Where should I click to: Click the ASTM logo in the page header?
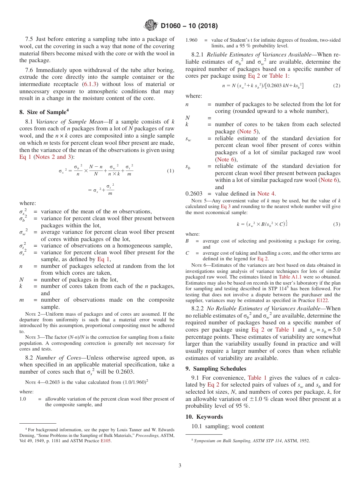point(150,26)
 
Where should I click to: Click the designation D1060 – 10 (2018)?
point(189,26)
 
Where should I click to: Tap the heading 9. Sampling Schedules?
point(216,368)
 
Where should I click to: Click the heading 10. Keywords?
point(204,417)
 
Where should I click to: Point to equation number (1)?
point(171,171)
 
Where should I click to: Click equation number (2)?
point(337,86)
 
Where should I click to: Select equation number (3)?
point(337,224)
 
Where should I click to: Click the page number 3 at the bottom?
point(180,465)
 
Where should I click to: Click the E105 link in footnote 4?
point(106,440)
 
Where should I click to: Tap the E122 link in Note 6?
point(323,300)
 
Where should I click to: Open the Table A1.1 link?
point(290,277)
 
